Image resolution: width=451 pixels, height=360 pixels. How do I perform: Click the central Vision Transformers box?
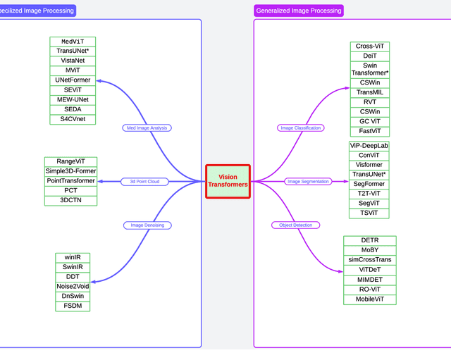pyautogui.click(x=228, y=181)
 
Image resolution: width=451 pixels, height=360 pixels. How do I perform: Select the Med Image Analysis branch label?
pyautogui.click(x=147, y=128)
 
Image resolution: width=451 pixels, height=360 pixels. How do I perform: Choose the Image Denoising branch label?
pyautogui.click(x=147, y=225)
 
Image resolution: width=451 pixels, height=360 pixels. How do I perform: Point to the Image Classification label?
pyautogui.click(x=301, y=128)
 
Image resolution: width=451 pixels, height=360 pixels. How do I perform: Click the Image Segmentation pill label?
pyautogui.click(x=309, y=181)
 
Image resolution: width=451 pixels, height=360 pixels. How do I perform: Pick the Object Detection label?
pyautogui.click(x=295, y=225)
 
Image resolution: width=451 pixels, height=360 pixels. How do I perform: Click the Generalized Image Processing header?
pyautogui.click(x=299, y=11)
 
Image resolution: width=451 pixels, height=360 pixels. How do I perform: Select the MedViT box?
pyautogui.click(x=73, y=42)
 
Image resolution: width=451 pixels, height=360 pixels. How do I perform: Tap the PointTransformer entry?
pyautogui.click(x=70, y=181)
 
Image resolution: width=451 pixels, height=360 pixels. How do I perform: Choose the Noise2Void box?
pyautogui.click(x=73, y=286)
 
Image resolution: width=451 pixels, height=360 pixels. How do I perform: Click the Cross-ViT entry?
pyautogui.click(x=370, y=46)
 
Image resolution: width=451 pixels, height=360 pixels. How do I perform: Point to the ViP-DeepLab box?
pyautogui.click(x=369, y=145)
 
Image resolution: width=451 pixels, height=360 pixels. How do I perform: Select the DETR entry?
pyautogui.click(x=370, y=240)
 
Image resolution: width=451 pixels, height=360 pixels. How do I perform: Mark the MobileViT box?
pyautogui.click(x=370, y=299)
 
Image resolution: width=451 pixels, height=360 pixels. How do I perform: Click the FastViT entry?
pyautogui.click(x=370, y=131)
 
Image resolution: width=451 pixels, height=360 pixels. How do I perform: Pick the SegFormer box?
pyautogui.click(x=369, y=184)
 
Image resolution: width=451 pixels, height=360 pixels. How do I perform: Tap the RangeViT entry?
pyautogui.click(x=70, y=161)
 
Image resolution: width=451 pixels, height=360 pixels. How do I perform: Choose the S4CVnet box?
pyautogui.click(x=73, y=119)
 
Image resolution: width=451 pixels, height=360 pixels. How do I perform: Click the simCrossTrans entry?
pyautogui.click(x=370, y=260)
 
